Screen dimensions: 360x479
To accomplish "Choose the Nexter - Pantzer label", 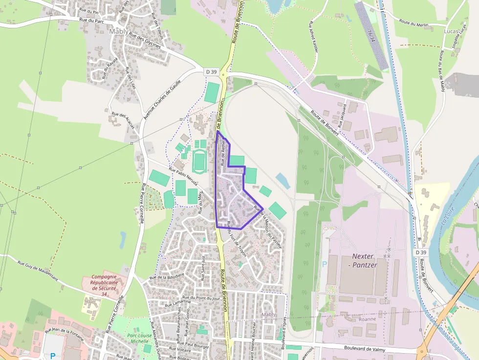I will point(365,260).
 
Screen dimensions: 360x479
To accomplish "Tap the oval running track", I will point(199,160).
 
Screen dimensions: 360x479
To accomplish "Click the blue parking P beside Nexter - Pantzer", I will point(324,264).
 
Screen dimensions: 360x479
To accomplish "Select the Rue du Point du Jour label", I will point(201,297).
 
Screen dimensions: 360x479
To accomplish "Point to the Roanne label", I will point(367,319).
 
